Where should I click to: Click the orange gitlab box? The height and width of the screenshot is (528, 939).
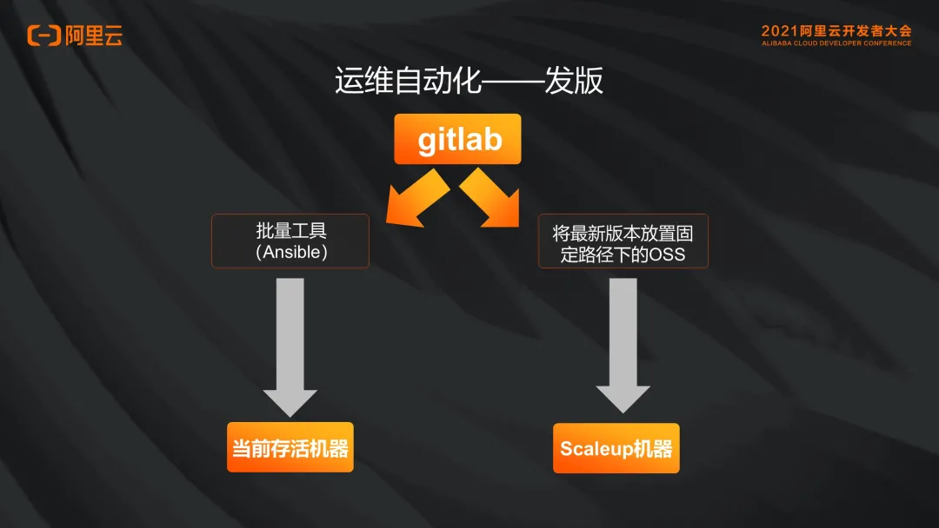[457, 139]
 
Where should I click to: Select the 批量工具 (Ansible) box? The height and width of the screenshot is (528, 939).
[290, 241]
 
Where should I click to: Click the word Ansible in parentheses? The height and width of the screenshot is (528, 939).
[290, 253]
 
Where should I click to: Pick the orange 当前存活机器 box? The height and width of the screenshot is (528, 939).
[290, 448]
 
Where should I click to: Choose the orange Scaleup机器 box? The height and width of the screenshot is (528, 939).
[616, 449]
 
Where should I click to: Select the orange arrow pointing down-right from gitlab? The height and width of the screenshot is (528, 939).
[491, 199]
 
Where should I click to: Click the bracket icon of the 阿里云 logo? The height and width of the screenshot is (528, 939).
[43, 36]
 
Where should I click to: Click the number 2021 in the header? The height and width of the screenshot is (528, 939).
[779, 31]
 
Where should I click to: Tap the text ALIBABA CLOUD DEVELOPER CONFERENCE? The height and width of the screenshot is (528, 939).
[836, 43]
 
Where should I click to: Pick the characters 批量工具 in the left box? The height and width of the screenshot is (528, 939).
[290, 231]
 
